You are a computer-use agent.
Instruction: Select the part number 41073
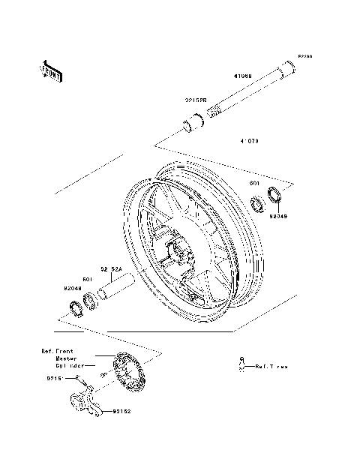(250, 140)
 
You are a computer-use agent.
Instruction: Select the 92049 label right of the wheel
(278, 217)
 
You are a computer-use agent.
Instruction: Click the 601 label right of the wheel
(254, 182)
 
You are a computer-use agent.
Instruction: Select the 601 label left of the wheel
(87, 279)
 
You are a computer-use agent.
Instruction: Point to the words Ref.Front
(57, 350)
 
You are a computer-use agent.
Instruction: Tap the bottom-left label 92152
(123, 412)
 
